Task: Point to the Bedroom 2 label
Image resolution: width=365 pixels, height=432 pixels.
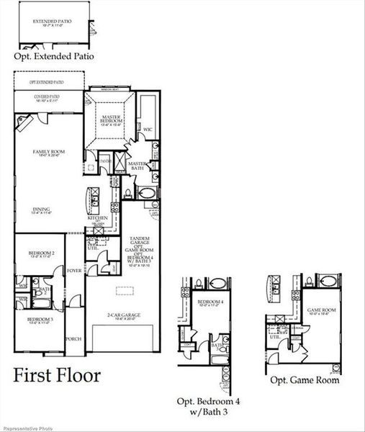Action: click(x=38, y=253)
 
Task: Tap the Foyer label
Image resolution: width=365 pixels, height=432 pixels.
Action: click(x=75, y=271)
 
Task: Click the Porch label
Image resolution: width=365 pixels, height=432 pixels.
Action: click(x=73, y=338)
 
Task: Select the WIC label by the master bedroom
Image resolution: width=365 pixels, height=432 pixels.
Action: click(x=148, y=130)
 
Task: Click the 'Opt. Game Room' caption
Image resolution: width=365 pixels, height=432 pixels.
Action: click(x=305, y=380)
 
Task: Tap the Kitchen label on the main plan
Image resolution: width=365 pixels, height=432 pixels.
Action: click(x=98, y=217)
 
